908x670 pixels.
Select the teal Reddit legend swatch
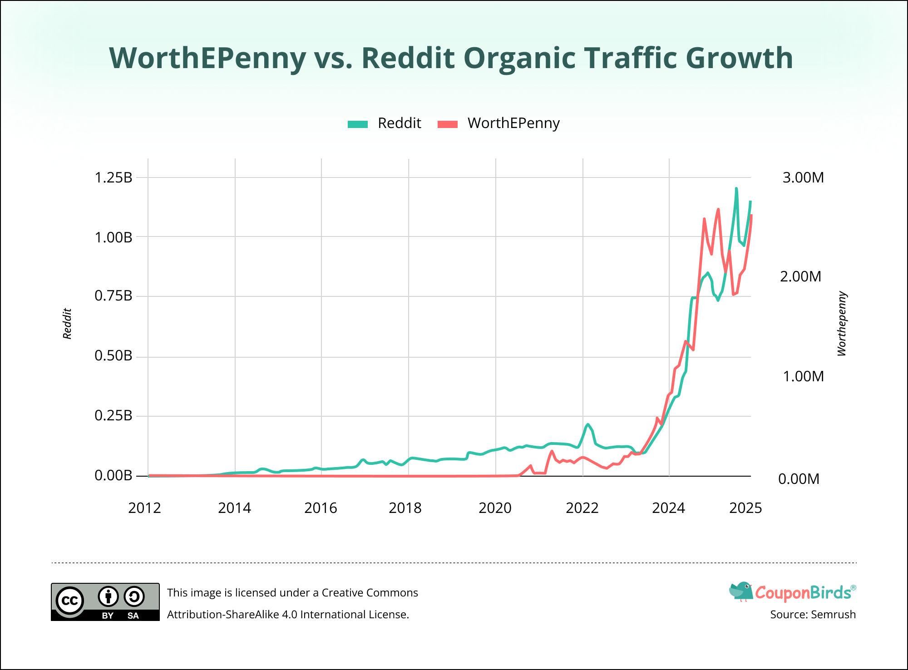click(x=358, y=124)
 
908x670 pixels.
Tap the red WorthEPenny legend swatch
click(x=448, y=124)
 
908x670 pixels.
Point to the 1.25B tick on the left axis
click(x=113, y=177)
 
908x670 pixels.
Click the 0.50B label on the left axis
click(x=113, y=356)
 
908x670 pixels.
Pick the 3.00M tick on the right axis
click(x=803, y=177)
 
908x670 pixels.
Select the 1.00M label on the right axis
click(x=803, y=376)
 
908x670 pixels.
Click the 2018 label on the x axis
click(x=405, y=508)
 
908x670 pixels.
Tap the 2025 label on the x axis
click(x=745, y=508)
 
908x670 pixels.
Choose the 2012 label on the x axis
click(x=144, y=508)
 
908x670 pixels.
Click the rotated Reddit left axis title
click(x=67, y=324)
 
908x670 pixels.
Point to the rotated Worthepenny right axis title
click(x=842, y=324)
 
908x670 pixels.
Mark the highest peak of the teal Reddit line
click(x=736, y=188)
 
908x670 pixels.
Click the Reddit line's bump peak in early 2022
click(x=588, y=424)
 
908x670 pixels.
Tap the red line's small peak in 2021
click(x=552, y=451)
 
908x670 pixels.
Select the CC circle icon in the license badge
click(x=70, y=601)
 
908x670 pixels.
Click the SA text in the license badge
click(x=133, y=616)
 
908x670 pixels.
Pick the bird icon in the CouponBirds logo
click(x=741, y=591)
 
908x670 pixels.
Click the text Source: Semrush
click(x=813, y=615)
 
